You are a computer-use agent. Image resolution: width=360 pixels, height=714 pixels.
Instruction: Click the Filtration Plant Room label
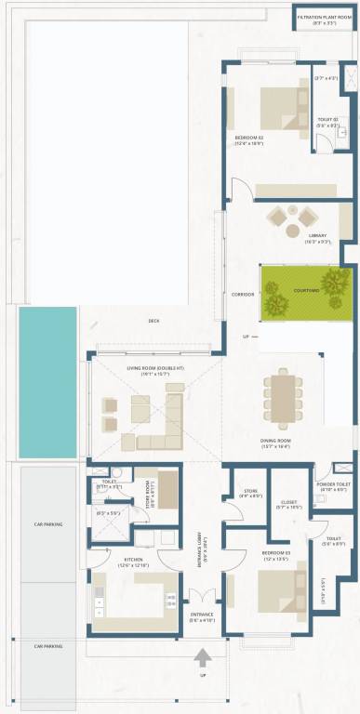(323, 20)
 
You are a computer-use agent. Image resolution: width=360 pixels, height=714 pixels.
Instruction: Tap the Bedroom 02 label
(248, 139)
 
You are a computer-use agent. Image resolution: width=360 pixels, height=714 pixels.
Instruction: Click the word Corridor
(242, 294)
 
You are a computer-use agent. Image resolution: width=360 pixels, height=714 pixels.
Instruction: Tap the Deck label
(153, 321)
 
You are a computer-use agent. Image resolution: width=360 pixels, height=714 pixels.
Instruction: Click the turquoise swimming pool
(47, 381)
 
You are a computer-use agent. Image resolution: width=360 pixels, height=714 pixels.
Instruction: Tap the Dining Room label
(276, 443)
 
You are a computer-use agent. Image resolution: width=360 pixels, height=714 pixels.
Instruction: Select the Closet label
(290, 504)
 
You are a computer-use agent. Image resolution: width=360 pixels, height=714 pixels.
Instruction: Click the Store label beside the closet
(249, 492)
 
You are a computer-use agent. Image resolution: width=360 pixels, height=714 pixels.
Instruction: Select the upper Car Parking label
(47, 524)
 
